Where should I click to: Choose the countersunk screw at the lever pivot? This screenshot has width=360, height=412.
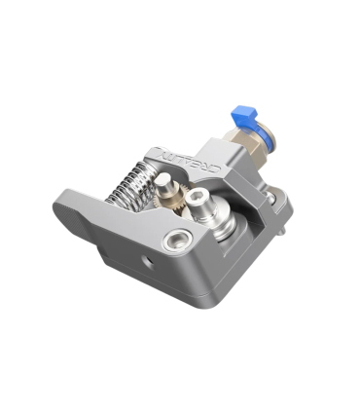(176, 241)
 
